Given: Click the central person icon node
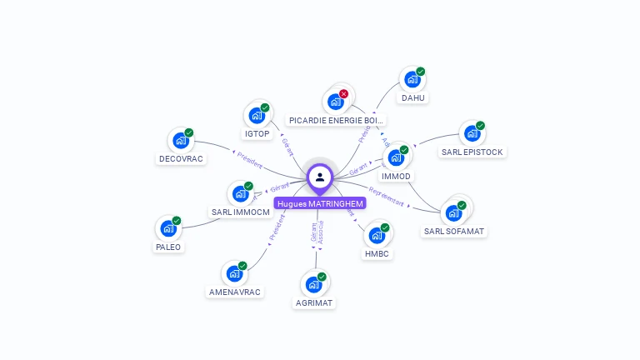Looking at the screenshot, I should coord(320,177).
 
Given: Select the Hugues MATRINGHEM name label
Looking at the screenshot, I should coord(320,203).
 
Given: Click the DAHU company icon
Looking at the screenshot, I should coord(411,80).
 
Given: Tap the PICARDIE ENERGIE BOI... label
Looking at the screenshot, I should coord(336,120).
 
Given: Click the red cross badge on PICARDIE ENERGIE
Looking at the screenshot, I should coord(343,94).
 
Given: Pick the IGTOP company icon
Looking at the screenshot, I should coord(256,116).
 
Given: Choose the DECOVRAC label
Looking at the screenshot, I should coord(181,158).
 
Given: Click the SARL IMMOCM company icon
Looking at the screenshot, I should coord(240,194).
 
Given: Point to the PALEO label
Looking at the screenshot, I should coord(168,247).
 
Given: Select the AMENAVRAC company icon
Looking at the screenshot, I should coord(233,273).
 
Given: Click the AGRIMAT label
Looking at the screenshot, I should coord(315,303).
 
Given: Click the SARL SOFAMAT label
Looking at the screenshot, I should coord(454,231).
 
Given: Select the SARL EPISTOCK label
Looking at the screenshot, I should coord(473,152).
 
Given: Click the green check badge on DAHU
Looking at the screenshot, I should coord(421,72).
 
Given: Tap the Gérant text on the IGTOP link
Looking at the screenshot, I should coord(287,147).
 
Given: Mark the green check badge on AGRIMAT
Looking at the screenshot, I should coord(322,277).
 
